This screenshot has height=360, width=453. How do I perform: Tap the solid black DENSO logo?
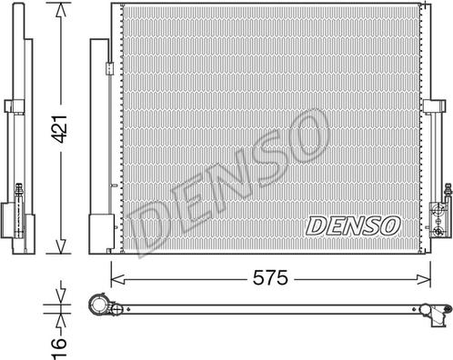point(352,223)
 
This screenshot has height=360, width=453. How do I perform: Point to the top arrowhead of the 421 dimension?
point(60,8)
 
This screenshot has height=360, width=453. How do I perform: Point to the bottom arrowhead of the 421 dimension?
point(60,250)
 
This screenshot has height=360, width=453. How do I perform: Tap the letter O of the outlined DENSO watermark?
point(307,136)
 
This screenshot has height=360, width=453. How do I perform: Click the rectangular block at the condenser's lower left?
point(97,234)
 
